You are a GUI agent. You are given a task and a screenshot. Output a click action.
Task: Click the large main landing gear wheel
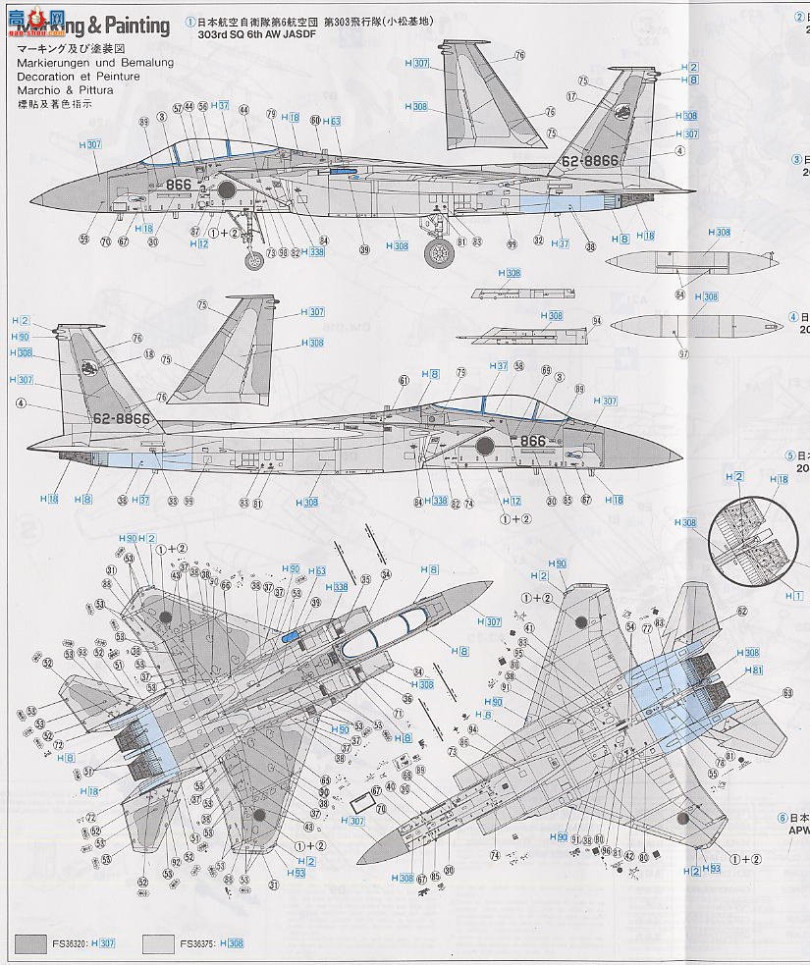click(439, 253)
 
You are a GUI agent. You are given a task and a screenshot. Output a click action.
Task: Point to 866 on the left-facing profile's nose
click(178, 184)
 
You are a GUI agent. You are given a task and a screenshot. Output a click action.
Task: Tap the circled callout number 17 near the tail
click(570, 96)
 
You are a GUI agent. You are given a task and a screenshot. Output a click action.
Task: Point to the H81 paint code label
click(753, 670)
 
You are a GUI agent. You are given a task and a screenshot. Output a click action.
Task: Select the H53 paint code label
click(296, 872)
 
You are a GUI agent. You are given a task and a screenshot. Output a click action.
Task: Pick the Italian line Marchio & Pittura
click(65, 90)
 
